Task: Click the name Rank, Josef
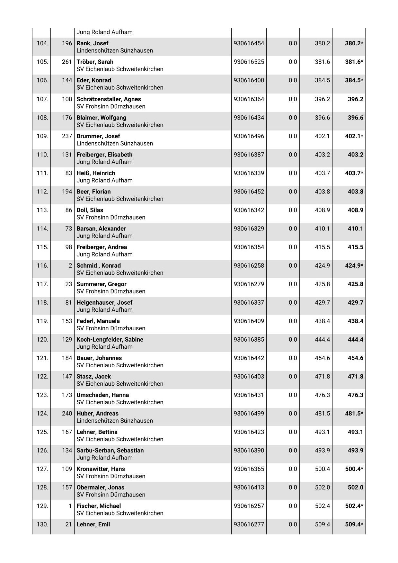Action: pyautogui.click(x=92, y=43)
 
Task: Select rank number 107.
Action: pyautogui.click(x=42, y=99)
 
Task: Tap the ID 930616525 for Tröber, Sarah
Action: pyautogui.click(x=249, y=62)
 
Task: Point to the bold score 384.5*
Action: pyautogui.click(x=354, y=80)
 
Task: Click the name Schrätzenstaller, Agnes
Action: pyautogui.click(x=109, y=99)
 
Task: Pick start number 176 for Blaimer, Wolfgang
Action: pyautogui.click(x=67, y=118)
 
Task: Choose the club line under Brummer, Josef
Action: pyautogui.click(x=114, y=143)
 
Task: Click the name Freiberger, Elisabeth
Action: pyautogui.click(x=104, y=155)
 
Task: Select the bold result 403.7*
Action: pyautogui.click(x=354, y=173)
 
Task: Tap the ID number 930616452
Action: pyautogui.click(x=249, y=192)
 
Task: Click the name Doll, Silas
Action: pyautogui.click(x=90, y=210)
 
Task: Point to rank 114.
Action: pyautogui.click(x=42, y=228)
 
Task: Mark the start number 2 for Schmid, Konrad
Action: pyautogui.click(x=70, y=265)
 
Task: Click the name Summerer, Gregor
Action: pyautogui.click(x=101, y=284)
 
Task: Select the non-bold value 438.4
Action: pyautogui.click(x=322, y=321)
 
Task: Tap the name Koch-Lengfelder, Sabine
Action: pyautogui.click(x=110, y=339)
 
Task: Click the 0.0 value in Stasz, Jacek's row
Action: pyautogui.click(x=293, y=376)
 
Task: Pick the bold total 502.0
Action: pyautogui.click(x=355, y=487)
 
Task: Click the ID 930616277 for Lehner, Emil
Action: pyautogui.click(x=249, y=524)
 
